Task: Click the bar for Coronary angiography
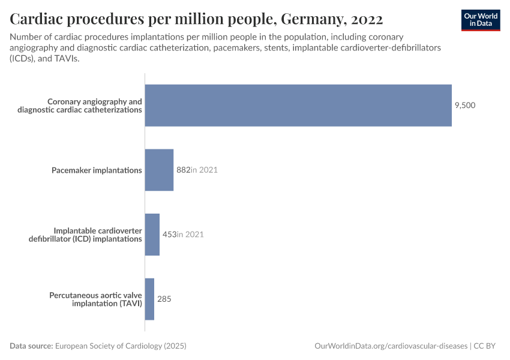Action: coord(298,106)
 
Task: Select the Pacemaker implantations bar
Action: coord(159,170)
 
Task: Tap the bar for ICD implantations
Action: coord(152,235)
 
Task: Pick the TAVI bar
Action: coord(149,299)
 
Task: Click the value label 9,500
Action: coord(465,106)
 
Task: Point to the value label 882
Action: coord(183,170)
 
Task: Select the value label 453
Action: coord(169,235)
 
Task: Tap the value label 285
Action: coord(164,299)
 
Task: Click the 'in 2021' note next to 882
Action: coord(204,170)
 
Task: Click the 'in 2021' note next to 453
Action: coord(190,235)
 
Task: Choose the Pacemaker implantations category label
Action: coord(97,170)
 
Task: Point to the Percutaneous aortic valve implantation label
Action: coord(95,299)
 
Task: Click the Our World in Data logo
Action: coord(481,20)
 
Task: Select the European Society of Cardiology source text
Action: coord(121,346)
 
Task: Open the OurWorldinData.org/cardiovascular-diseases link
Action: coord(391,346)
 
